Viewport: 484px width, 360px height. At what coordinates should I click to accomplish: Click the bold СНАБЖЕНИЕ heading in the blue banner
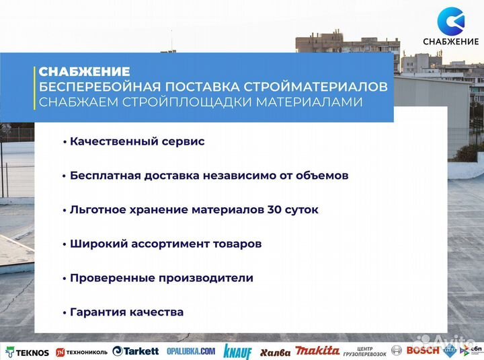pyautogui.click(x=84, y=71)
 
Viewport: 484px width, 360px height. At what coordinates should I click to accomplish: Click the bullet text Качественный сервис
pyautogui.click(x=136, y=142)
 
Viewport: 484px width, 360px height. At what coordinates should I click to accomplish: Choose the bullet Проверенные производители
pyautogui.click(x=161, y=278)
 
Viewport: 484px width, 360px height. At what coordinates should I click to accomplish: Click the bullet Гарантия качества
pyautogui.click(x=126, y=312)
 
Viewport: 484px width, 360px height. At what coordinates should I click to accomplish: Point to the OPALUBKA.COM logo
pyautogui.click(x=191, y=351)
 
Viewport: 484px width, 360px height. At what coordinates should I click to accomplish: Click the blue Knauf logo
pyautogui.click(x=237, y=351)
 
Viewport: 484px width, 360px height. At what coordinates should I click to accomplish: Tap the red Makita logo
pyautogui.click(x=317, y=351)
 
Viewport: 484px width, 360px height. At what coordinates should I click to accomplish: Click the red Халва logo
pyautogui.click(x=275, y=352)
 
